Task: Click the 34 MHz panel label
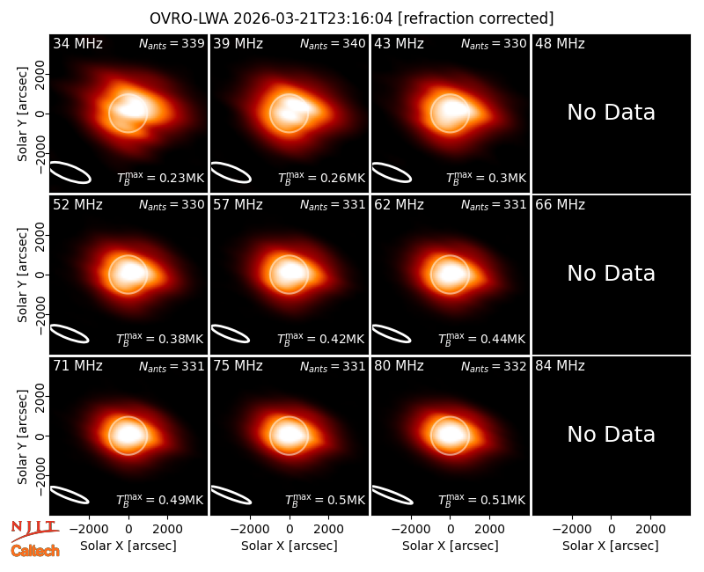77,43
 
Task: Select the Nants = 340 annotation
333,43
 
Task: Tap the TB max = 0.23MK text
161,178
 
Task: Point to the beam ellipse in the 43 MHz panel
392,172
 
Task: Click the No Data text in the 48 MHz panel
611,113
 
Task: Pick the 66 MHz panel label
560,205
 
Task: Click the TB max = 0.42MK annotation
321,339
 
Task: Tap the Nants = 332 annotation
494,366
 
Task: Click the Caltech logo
35,551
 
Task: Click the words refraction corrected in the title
476,18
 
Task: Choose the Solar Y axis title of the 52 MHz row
22,275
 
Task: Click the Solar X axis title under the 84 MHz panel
611,546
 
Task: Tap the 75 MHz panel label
238,366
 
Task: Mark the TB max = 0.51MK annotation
481,500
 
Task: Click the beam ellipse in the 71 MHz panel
70,495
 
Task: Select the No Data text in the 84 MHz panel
611,435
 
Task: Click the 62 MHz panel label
400,205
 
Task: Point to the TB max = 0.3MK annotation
487,178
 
